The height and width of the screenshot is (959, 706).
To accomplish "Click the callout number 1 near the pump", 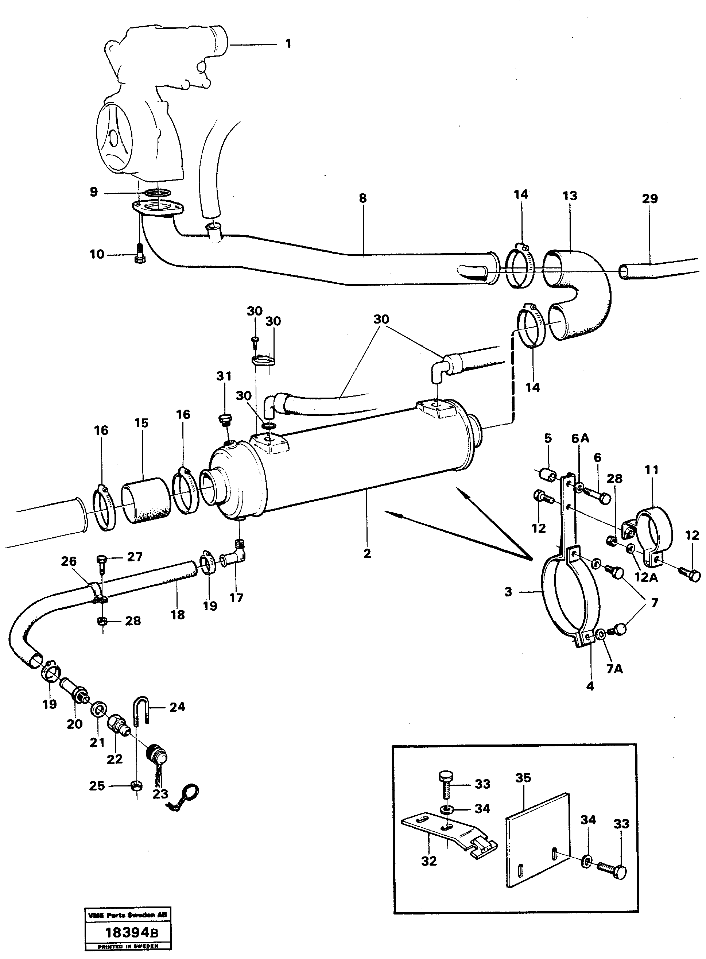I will coord(288,44).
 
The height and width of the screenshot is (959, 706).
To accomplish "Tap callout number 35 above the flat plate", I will coord(523,778).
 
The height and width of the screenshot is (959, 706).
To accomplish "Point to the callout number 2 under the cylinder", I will coord(367,554).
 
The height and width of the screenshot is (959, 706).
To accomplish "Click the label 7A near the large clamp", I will coord(614,669).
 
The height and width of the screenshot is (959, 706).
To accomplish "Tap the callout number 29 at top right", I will coord(649,198).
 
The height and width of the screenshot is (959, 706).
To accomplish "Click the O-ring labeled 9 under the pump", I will coord(157,193).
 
